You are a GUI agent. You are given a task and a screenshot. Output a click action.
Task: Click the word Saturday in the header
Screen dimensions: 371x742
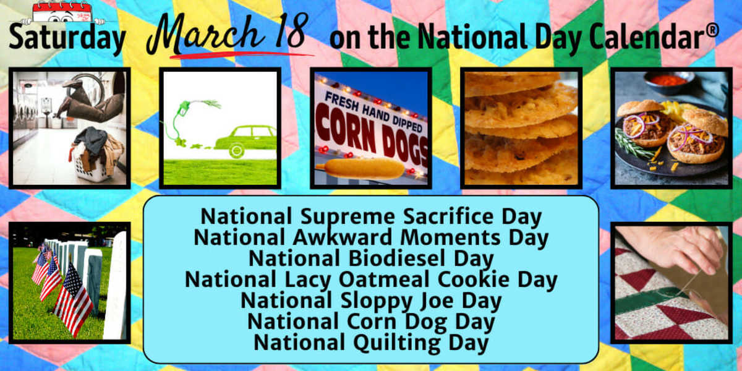pyautogui.click(x=66, y=38)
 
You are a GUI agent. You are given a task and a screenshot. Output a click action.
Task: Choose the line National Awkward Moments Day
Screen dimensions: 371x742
pyautogui.click(x=371, y=237)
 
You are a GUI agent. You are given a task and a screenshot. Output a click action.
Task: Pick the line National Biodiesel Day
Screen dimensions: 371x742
pyautogui.click(x=371, y=258)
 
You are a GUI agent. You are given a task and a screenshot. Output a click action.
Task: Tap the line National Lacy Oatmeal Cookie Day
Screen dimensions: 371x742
pyautogui.click(x=371, y=279)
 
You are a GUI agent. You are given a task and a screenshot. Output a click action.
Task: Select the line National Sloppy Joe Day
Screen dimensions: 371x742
pyautogui.click(x=371, y=301)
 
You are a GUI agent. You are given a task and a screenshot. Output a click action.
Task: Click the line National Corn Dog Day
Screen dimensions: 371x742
pyautogui.click(x=371, y=322)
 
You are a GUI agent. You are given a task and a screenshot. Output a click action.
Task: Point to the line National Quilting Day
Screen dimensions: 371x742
pyautogui.click(x=371, y=342)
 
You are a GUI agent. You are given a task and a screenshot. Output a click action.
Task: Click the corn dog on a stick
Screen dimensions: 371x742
pyautogui.click(x=365, y=168)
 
